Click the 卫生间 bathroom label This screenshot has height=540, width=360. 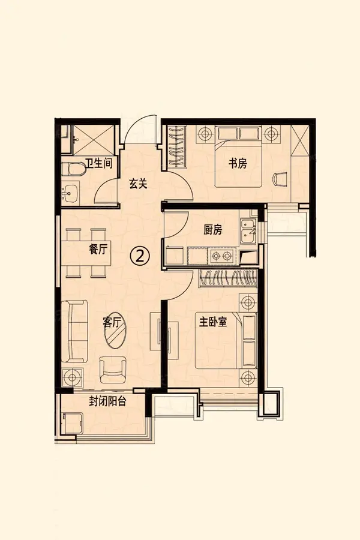(98, 163)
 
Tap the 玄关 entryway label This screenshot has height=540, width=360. (138, 184)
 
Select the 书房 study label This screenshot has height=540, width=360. (238, 163)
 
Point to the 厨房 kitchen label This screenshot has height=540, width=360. (213, 230)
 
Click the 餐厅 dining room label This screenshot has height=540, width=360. (98, 249)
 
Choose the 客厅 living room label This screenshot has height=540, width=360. (112, 322)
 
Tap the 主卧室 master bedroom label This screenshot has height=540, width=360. (213, 322)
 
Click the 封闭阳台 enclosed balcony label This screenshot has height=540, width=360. (107, 401)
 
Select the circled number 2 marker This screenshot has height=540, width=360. (140, 256)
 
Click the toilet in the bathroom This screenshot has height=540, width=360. (73, 169)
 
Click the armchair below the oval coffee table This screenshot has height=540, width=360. (113, 370)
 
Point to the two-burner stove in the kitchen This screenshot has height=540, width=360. (221, 256)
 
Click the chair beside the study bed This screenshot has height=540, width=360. (280, 179)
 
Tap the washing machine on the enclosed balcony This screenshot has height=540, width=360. (71, 423)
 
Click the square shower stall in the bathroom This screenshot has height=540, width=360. (93, 140)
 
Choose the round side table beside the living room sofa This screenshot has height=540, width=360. (73, 377)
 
